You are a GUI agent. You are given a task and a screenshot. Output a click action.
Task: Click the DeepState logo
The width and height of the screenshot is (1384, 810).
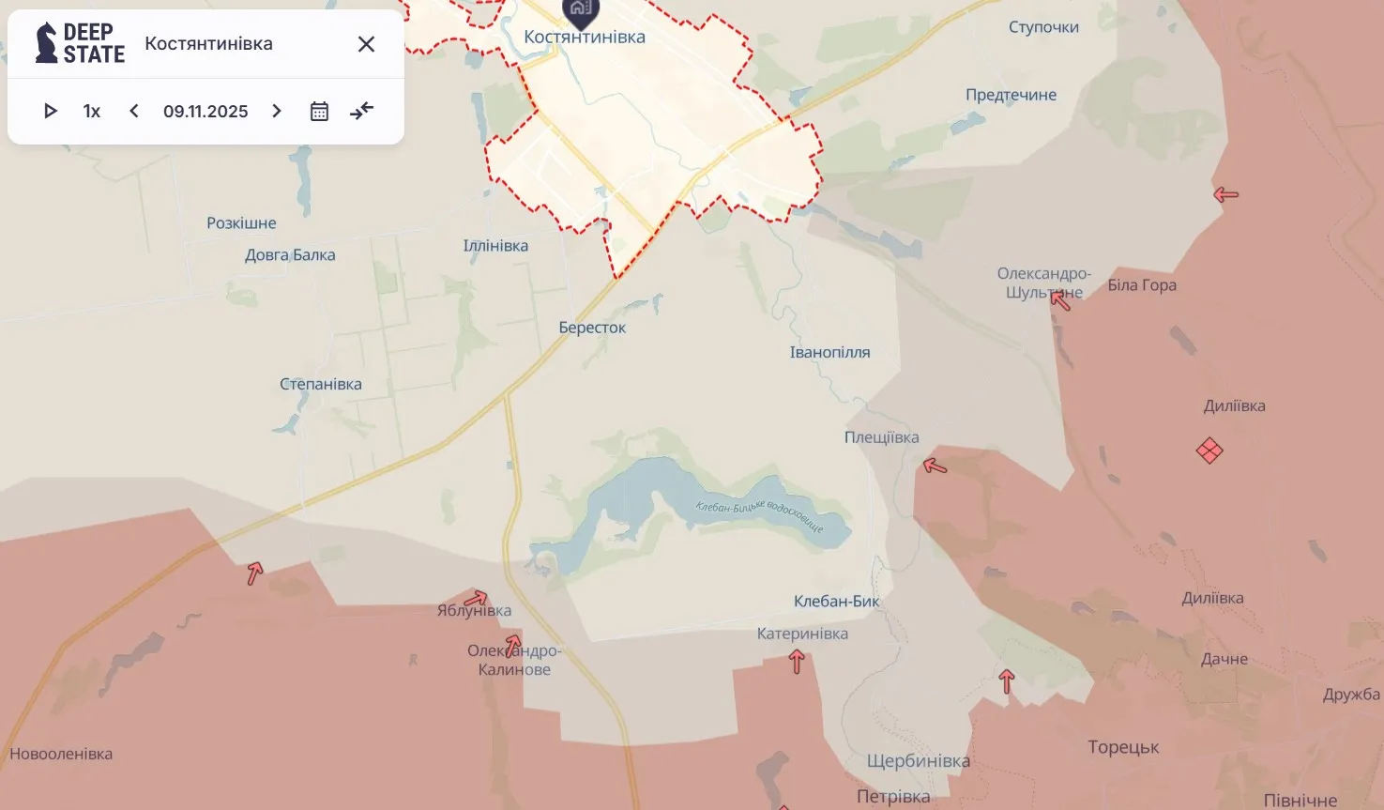80,43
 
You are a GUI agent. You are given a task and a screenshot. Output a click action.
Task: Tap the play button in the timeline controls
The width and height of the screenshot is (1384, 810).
51,111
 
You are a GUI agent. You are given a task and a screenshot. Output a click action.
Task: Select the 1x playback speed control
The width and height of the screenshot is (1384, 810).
92,111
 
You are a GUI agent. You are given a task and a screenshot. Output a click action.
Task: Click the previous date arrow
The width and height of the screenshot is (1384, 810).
134,111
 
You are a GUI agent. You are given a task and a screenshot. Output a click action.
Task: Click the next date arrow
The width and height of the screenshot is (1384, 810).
277,111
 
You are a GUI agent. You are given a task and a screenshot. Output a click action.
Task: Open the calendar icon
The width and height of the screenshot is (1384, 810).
319,111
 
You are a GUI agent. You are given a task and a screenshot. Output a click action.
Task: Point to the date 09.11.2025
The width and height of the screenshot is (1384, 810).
205,111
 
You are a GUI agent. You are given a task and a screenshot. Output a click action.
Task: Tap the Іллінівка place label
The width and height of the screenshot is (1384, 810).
495,246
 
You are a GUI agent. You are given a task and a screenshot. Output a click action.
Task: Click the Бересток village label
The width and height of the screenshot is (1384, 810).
592,328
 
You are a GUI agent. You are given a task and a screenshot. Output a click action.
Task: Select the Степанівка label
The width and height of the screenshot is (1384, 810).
321,384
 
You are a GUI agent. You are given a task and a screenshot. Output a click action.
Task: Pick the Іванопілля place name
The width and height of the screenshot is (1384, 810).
829,352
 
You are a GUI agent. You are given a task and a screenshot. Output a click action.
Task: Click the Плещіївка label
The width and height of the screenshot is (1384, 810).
881,437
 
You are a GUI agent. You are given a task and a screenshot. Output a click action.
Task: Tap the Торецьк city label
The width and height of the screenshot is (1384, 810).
1123,747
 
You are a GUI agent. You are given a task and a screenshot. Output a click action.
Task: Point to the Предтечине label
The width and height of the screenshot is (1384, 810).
1011,95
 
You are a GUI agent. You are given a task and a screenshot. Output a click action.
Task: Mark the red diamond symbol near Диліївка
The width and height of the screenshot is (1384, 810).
1209,451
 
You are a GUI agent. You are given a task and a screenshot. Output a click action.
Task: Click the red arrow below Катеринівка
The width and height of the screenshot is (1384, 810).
797,662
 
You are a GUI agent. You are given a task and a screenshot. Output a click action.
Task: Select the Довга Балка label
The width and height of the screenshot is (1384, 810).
290,254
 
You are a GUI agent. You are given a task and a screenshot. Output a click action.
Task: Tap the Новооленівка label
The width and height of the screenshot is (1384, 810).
61,754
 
